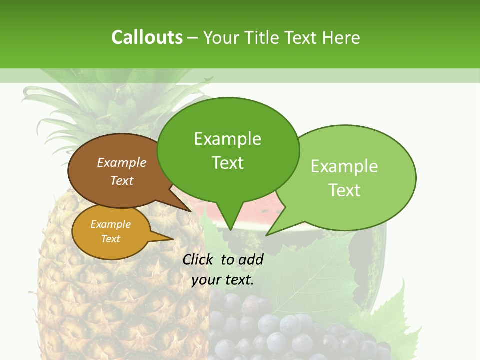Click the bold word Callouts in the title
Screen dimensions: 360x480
(147, 37)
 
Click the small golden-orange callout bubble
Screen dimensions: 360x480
(111, 232)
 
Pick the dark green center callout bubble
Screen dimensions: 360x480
(228, 150)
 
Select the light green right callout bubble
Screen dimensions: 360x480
(350, 178)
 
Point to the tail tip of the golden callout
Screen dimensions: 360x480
(173, 239)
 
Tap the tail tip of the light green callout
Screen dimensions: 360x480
(267, 235)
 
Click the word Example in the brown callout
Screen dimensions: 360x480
(121, 163)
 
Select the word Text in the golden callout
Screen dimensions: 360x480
(111, 239)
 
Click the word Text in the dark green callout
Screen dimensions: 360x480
(228, 163)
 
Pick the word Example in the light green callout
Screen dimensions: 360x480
(344, 166)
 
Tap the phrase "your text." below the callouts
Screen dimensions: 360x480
(223, 280)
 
